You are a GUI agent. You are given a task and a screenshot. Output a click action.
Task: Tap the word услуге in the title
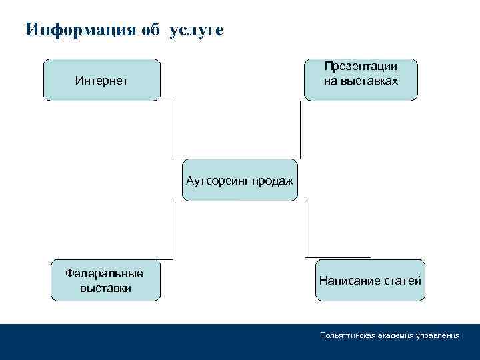[197, 31]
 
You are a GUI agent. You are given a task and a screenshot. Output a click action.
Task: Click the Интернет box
[102, 80]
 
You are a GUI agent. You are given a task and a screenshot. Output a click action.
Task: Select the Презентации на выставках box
[361, 79]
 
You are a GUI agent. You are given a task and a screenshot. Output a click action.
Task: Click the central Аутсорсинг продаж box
[239, 180]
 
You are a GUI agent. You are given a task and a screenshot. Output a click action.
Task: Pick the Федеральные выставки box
[105, 279]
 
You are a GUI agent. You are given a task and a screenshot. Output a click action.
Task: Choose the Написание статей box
[370, 280]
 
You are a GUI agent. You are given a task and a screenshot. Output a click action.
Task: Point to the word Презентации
[361, 66]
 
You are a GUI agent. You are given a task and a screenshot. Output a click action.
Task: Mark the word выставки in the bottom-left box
[105, 288]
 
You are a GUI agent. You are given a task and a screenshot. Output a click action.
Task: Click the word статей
[405, 281]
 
